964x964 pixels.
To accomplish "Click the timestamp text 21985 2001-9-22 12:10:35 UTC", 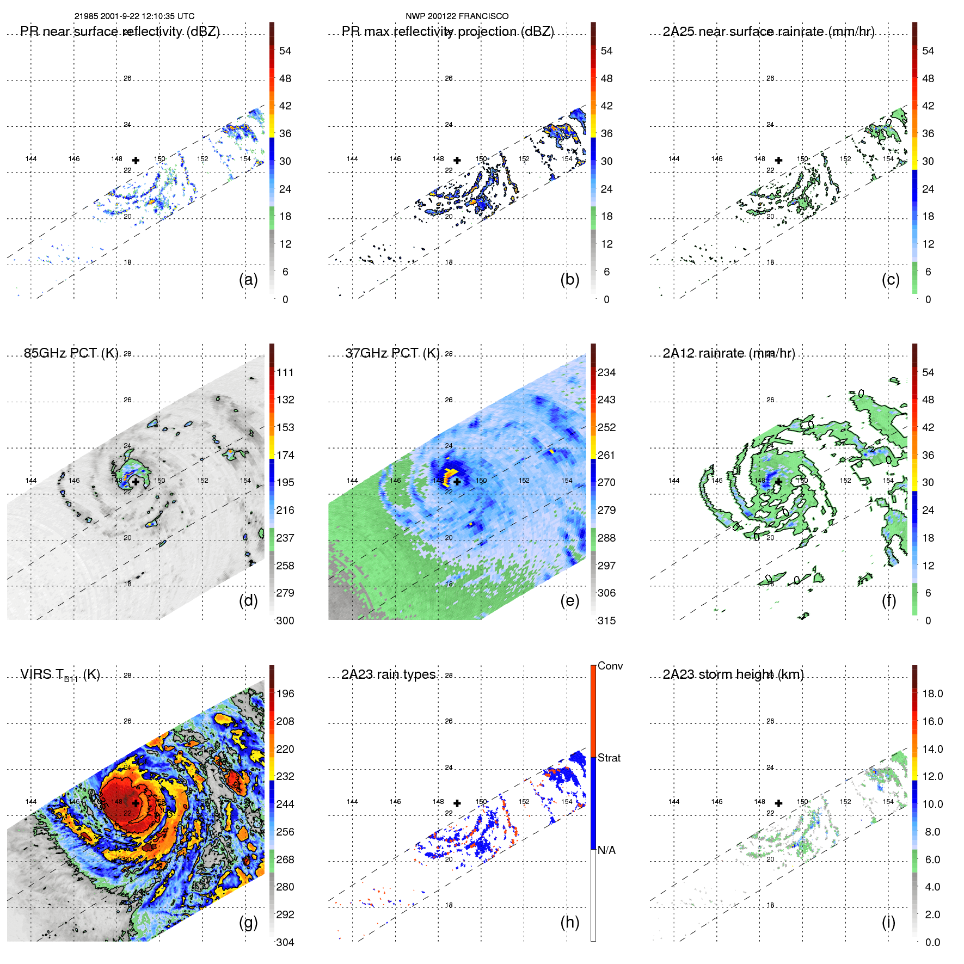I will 134,16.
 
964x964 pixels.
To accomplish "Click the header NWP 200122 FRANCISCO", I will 457,16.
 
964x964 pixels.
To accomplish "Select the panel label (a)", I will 248,280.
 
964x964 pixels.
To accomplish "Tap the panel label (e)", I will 569,601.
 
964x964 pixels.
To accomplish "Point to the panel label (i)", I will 888,922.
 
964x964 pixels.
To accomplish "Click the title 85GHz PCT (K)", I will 71,353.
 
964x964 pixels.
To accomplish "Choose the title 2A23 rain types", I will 388,674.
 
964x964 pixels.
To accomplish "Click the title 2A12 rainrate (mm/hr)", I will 729,353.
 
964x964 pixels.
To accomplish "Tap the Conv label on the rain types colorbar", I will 610,666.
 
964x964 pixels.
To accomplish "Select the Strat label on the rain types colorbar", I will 609,758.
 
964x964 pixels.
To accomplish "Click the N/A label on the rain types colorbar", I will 606,850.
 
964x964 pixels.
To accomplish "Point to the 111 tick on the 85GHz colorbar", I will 285,372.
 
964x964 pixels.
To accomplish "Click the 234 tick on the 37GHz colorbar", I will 606,372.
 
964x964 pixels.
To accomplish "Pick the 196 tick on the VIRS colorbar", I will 285,693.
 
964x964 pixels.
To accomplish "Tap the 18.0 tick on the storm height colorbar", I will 932,693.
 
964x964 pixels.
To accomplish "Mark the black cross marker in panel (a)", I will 136,160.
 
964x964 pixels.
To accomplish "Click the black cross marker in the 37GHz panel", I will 457,482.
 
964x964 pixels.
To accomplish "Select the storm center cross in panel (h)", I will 457,803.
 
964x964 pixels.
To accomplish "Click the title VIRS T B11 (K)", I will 60,675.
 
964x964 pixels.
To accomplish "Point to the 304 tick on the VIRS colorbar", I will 285,942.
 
